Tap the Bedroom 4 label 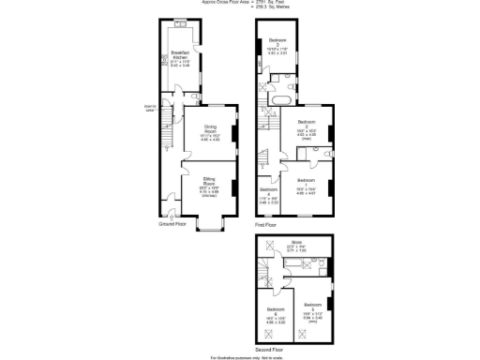click(x=269, y=191)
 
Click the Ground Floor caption click(x=172, y=225)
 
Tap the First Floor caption click(x=266, y=225)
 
